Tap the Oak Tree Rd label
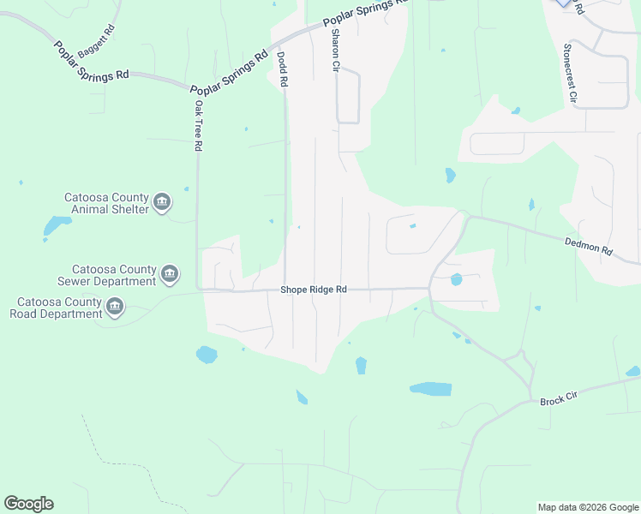click(198, 126)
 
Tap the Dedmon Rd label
click(589, 247)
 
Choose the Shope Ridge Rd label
click(314, 290)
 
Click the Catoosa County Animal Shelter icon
click(163, 203)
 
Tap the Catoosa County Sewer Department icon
click(170, 274)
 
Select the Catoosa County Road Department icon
click(115, 307)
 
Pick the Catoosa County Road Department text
click(56, 308)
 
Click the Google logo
click(28, 504)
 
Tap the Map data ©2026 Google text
click(588, 507)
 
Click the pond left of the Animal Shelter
click(57, 225)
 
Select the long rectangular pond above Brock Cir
click(430, 389)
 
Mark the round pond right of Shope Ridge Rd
click(456, 279)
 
